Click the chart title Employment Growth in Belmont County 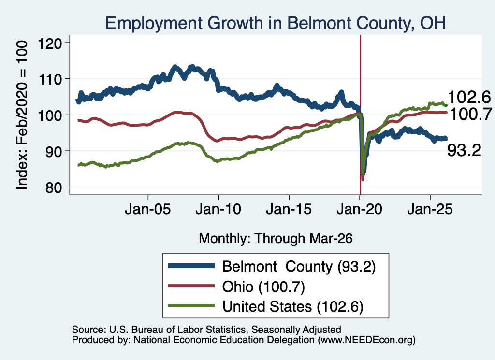pyautogui.click(x=276, y=23)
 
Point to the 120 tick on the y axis pyautogui.click(x=50, y=43)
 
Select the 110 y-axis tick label pyautogui.click(x=50, y=79)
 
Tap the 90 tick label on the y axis pyautogui.click(x=53, y=151)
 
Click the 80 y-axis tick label pyautogui.click(x=53, y=187)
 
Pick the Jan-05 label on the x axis pyautogui.click(x=148, y=209)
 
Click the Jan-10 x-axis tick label pyautogui.click(x=218, y=209)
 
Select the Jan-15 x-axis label pyautogui.click(x=289, y=209)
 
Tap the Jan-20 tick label pyautogui.click(x=359, y=209)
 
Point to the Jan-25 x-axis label pyautogui.click(x=430, y=209)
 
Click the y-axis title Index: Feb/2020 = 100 pyautogui.click(x=22, y=115)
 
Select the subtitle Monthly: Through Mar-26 pyautogui.click(x=276, y=239)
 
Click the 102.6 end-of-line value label pyautogui.click(x=469, y=97)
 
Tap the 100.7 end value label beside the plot pyautogui.click(x=471, y=114)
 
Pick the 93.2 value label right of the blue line pyautogui.click(x=464, y=150)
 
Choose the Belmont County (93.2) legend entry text pyautogui.click(x=299, y=267)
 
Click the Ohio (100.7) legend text pyautogui.click(x=263, y=287)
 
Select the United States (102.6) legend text pyautogui.click(x=293, y=307)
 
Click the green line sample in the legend pyautogui.click(x=191, y=306)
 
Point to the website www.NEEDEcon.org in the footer pyautogui.click(x=366, y=340)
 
